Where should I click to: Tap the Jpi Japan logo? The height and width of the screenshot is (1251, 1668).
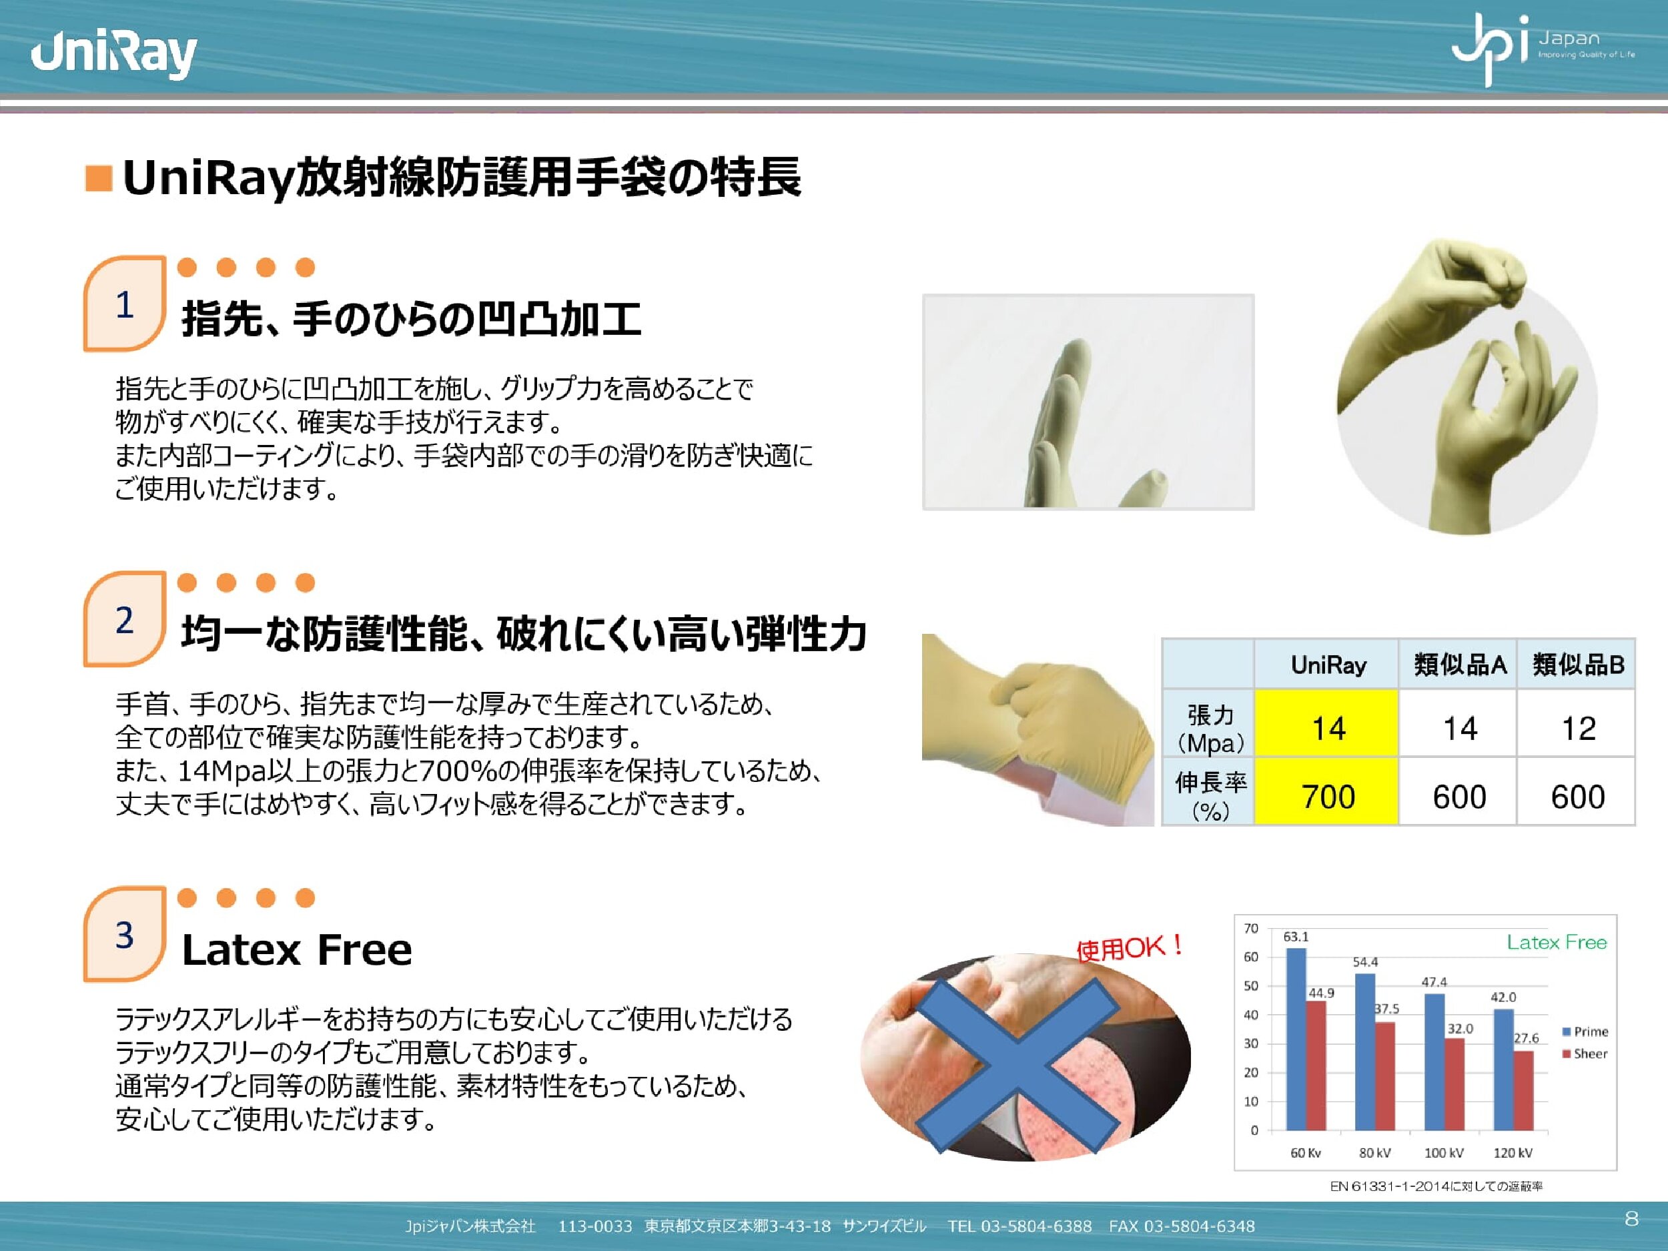1543,48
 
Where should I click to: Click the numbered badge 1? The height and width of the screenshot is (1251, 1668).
124,304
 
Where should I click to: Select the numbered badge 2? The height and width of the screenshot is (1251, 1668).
124,619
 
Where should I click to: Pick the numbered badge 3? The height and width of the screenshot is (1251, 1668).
124,934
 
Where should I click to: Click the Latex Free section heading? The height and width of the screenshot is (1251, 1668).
297,949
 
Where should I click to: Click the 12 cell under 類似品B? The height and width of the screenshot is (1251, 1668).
1577,728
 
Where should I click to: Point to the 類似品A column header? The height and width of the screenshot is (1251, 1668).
1458,665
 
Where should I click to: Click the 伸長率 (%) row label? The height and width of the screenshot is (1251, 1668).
1210,796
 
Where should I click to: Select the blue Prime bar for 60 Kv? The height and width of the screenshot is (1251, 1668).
1296,1039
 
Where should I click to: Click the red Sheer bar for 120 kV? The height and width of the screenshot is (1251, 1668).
1524,1090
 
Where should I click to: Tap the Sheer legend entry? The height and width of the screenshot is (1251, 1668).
1585,1054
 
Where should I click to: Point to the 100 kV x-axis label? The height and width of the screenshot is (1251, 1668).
1443,1153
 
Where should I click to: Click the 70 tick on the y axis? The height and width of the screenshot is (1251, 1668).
1251,928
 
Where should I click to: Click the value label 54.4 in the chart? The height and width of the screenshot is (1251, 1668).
1365,962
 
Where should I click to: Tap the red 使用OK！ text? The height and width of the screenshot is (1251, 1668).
1129,947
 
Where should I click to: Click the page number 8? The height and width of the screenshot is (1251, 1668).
1632,1218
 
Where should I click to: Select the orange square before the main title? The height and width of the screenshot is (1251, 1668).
99,178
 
